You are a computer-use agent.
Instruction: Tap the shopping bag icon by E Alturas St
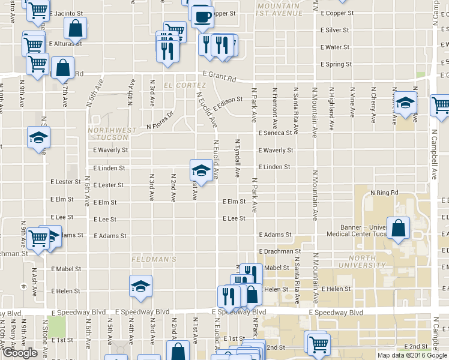point(76,28)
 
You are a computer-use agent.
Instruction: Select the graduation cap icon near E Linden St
point(200,171)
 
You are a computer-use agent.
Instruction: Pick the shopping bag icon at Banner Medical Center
point(398,228)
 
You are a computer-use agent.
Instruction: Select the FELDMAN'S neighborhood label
point(154,259)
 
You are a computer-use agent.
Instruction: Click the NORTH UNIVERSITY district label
point(357,262)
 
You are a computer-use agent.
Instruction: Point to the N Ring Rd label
point(385,193)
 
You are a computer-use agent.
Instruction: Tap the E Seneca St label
point(274,133)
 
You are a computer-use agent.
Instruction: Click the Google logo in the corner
point(20,353)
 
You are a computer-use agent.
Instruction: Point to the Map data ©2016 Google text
point(412,355)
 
